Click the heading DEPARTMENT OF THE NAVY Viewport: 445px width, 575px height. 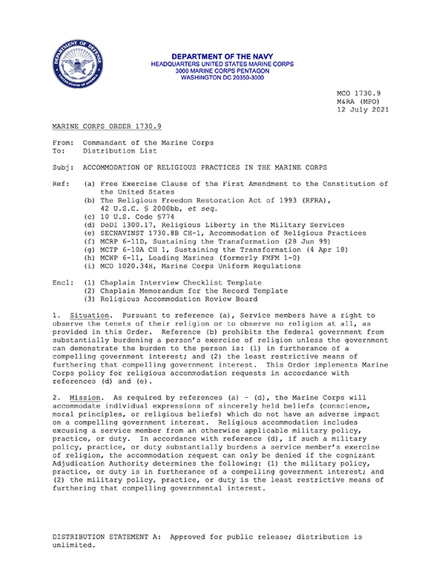[221, 56]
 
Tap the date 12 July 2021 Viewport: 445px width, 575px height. [363, 110]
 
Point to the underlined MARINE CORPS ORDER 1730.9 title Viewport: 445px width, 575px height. [106, 127]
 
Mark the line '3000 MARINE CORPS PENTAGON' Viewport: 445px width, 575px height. [221, 71]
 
